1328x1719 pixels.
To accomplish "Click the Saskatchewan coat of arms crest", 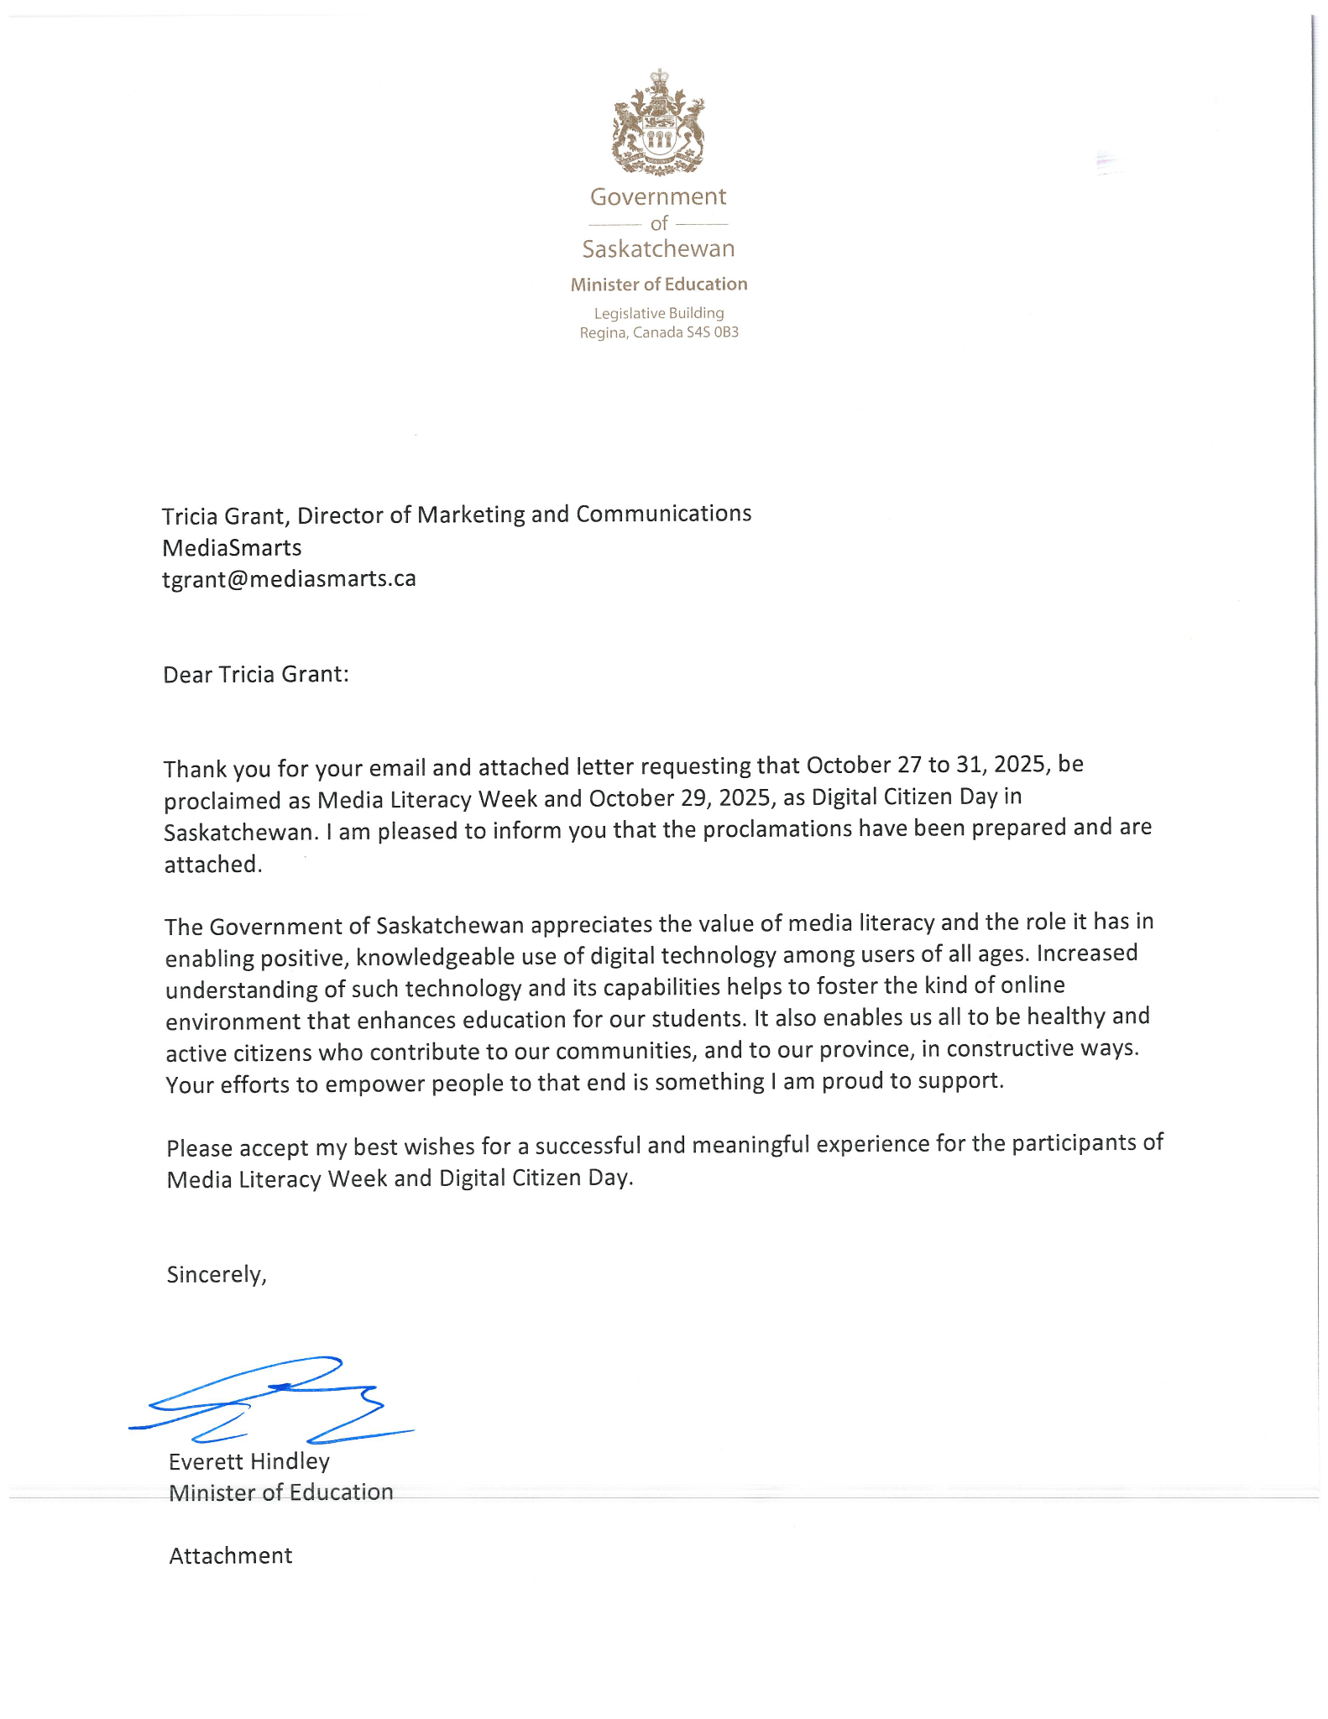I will [658, 123].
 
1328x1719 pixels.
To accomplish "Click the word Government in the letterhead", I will [658, 196].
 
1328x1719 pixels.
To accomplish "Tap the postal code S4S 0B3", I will [713, 332].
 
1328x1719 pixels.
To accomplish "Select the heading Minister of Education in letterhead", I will [659, 285].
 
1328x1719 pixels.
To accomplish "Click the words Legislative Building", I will [659, 313].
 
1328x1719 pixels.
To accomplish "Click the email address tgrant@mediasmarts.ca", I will [289, 579].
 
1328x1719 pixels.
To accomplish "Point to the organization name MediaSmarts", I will [232, 548].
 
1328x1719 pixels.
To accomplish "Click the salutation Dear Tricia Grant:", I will [255, 675].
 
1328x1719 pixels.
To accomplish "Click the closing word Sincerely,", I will [217, 1274].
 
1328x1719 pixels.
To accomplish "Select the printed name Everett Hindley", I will [249, 1461].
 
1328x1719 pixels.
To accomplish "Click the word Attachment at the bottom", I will [231, 1555].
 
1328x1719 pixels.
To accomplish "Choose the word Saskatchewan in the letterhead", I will [658, 249].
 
